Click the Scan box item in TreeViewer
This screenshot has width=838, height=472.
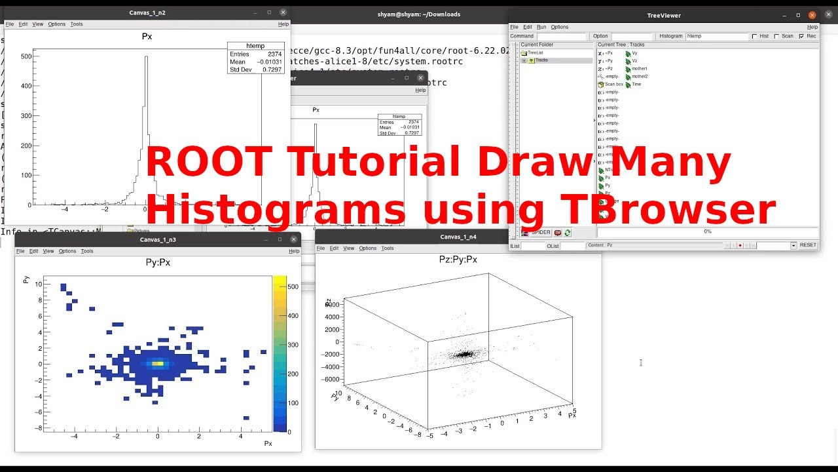[x=613, y=84]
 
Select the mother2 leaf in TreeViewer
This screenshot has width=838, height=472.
[x=639, y=76]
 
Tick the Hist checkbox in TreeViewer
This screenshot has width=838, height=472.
[x=755, y=36]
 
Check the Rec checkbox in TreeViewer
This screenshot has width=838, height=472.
[x=801, y=36]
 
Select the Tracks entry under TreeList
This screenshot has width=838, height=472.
[x=541, y=60]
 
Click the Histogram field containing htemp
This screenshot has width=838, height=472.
[x=716, y=36]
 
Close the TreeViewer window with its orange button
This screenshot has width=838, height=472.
[x=812, y=14]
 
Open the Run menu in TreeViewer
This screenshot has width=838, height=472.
[x=541, y=27]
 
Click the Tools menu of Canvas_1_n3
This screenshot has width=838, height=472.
[x=87, y=251]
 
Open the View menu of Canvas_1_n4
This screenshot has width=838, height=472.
[x=349, y=248]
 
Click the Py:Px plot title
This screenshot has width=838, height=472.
[x=157, y=262]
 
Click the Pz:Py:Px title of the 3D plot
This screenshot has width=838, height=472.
[x=458, y=260]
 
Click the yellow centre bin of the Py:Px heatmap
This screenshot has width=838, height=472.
[x=157, y=363]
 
